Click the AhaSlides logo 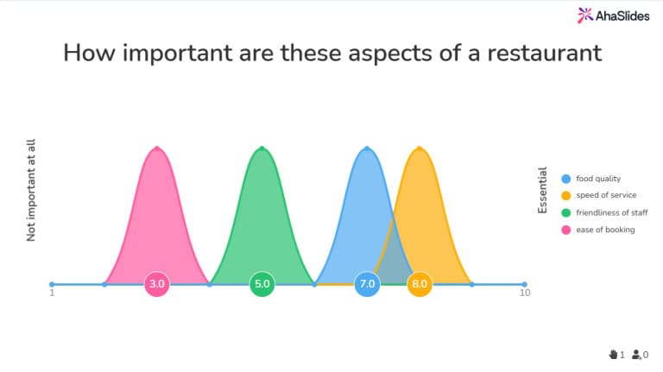pyautogui.click(x=610, y=15)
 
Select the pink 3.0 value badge pyautogui.click(x=157, y=283)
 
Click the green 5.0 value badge pyautogui.click(x=262, y=283)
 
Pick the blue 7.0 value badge pyautogui.click(x=367, y=283)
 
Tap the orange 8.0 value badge pyautogui.click(x=420, y=283)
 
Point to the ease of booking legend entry pyautogui.click(x=605, y=229)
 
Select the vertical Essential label pyautogui.click(x=542, y=191)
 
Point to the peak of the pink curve pyautogui.click(x=157, y=148)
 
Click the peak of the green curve pyautogui.click(x=262, y=148)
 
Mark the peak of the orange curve pyautogui.click(x=420, y=148)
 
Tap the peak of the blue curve pyautogui.click(x=367, y=148)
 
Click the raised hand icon pyautogui.click(x=614, y=354)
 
